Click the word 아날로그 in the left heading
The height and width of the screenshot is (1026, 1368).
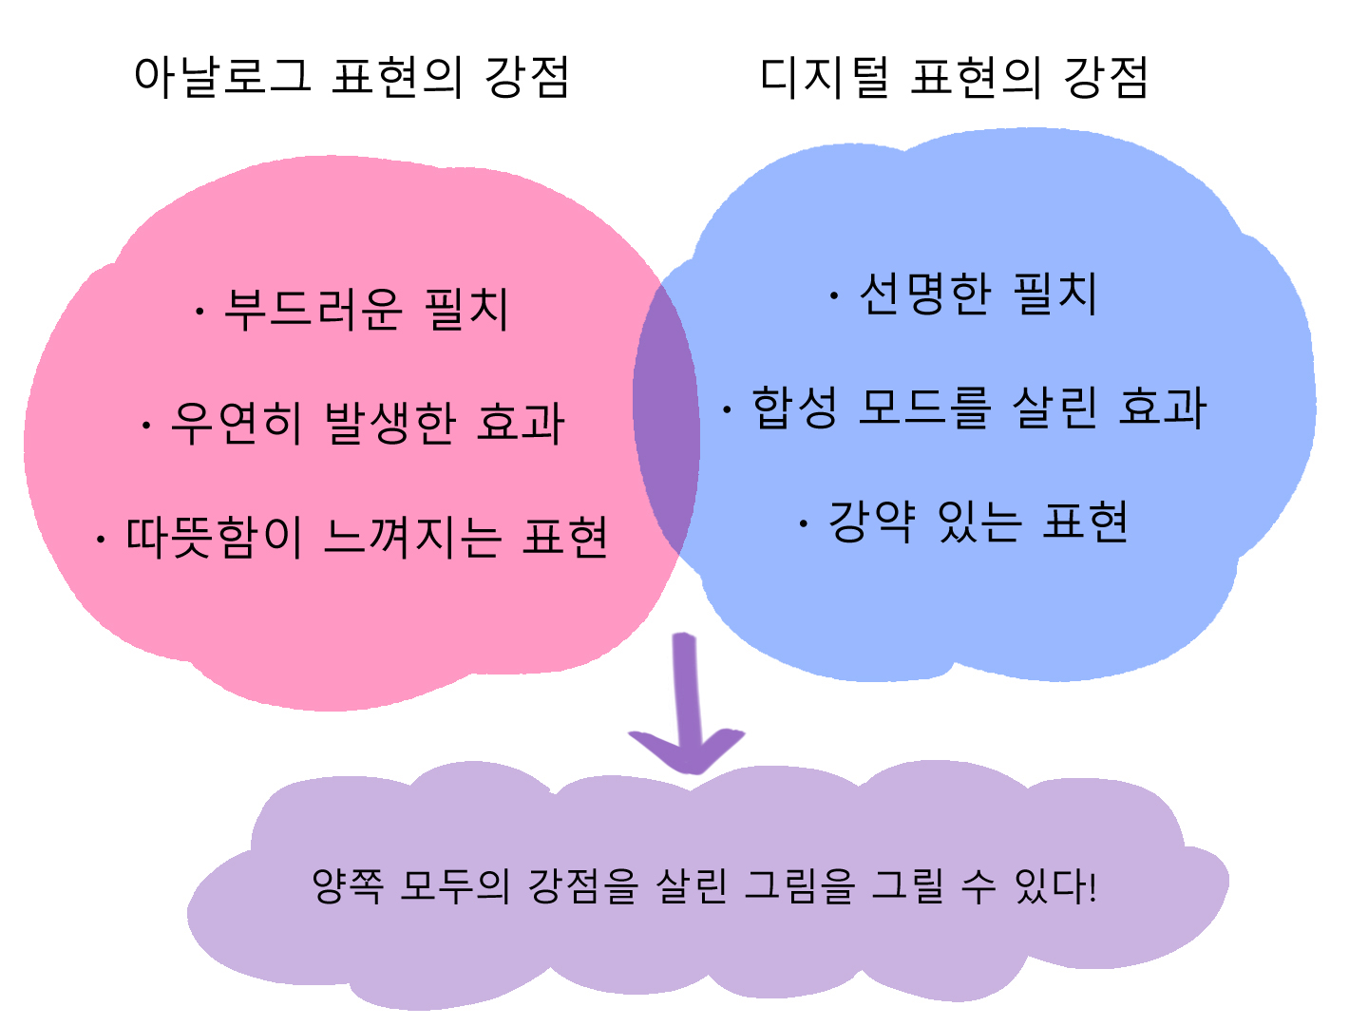click(x=222, y=77)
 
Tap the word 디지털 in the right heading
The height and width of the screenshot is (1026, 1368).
click(x=825, y=77)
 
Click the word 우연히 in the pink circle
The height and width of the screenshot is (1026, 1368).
click(x=237, y=423)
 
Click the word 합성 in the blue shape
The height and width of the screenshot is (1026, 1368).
click(x=795, y=408)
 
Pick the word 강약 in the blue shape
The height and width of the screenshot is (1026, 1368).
click(x=872, y=522)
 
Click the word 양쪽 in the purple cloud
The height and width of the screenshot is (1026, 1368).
click(x=349, y=886)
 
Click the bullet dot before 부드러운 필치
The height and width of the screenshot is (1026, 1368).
click(x=199, y=312)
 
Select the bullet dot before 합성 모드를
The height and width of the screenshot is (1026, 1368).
click(x=727, y=410)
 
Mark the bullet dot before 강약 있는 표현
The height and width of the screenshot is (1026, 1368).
click(x=804, y=523)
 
